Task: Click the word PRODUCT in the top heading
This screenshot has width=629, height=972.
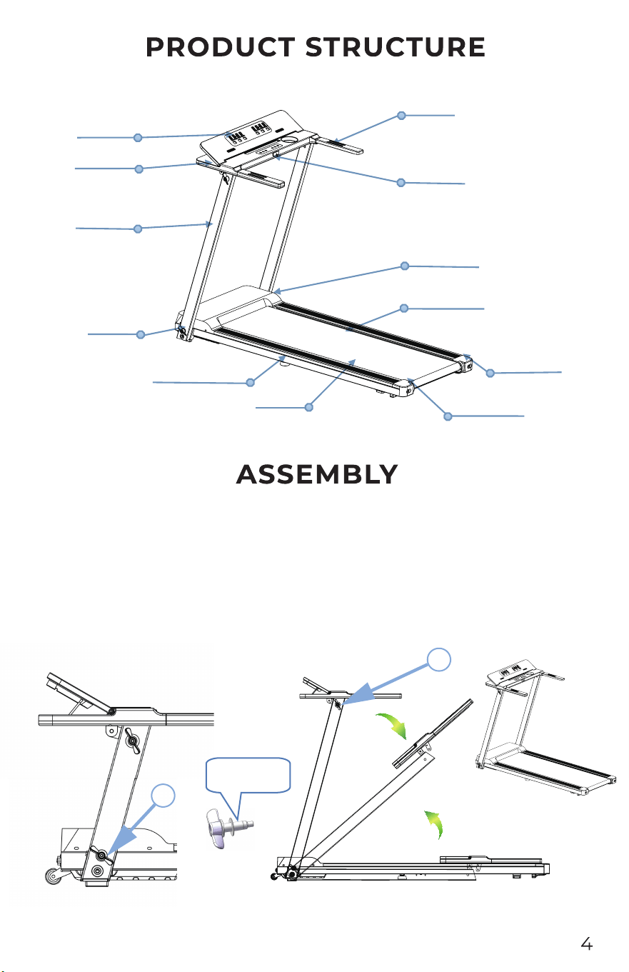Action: pyautogui.click(x=221, y=47)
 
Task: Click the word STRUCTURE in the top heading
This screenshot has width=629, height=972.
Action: pyautogui.click(x=396, y=47)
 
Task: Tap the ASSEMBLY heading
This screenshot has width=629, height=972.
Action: pyautogui.click(x=317, y=474)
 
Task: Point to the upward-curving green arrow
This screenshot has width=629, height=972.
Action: pyautogui.click(x=435, y=824)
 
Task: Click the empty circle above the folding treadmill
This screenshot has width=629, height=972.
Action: pyautogui.click(x=438, y=660)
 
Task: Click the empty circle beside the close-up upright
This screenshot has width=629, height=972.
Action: pyautogui.click(x=163, y=796)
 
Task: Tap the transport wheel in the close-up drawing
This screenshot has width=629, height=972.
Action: pyautogui.click(x=53, y=876)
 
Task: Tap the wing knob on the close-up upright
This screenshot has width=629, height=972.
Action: pyautogui.click(x=132, y=741)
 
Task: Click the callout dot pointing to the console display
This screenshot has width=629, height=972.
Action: pyautogui.click(x=138, y=138)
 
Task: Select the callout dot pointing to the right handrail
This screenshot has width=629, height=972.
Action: pyautogui.click(x=402, y=116)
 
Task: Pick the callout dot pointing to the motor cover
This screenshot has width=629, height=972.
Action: pyautogui.click(x=405, y=266)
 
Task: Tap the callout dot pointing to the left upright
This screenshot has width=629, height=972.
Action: pyautogui.click(x=138, y=229)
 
